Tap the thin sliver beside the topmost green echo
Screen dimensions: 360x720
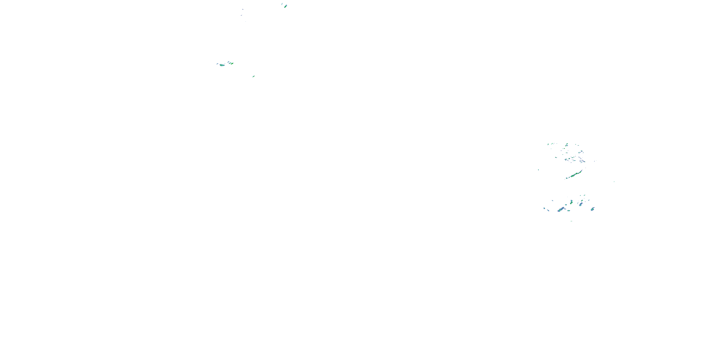point(282,4)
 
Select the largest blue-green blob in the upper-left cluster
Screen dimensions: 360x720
point(222,65)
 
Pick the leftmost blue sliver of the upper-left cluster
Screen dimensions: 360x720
point(217,64)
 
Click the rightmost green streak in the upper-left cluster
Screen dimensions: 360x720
point(232,63)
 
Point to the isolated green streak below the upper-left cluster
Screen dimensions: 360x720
point(253,76)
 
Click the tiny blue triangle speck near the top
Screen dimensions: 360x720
point(243,9)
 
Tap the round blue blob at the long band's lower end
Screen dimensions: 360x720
point(567,178)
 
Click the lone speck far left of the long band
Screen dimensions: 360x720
point(538,169)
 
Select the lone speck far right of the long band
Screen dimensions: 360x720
point(614,182)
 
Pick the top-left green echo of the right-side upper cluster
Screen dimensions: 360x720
point(548,144)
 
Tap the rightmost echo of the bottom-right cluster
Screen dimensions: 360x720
point(593,209)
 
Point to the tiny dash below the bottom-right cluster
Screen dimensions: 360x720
point(571,221)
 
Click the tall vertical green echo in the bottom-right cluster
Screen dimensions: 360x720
point(571,202)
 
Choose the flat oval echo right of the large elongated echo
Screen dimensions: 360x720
point(569,210)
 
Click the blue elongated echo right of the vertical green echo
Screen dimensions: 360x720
point(581,204)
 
